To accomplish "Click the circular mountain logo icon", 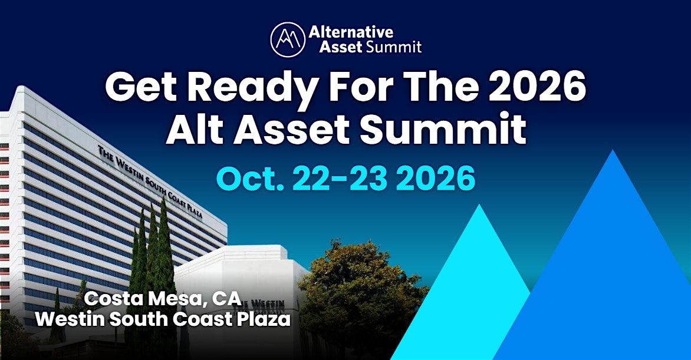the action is pyautogui.click(x=288, y=39).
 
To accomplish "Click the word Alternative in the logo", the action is pyautogui.click(x=351, y=32).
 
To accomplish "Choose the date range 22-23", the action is pyautogui.click(x=340, y=179).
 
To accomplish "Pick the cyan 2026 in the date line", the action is pyautogui.click(x=435, y=179).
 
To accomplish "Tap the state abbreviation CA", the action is pyautogui.click(x=226, y=299).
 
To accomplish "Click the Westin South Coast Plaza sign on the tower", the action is pyautogui.click(x=150, y=182).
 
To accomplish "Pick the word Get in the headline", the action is pyautogui.click(x=140, y=88).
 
